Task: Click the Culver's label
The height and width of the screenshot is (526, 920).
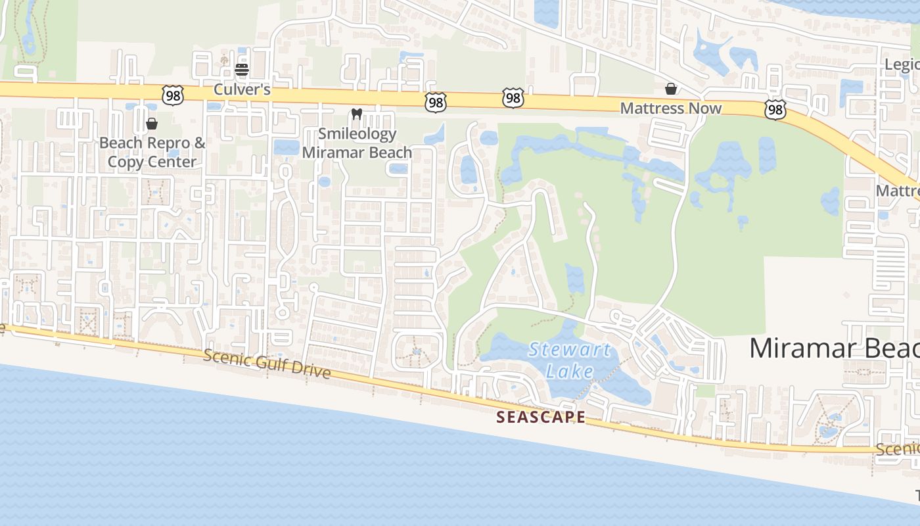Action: click(242, 89)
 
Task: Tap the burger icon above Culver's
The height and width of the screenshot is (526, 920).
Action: click(242, 69)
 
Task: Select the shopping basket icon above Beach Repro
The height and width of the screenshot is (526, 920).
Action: click(152, 123)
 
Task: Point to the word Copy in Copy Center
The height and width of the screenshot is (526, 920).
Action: click(124, 162)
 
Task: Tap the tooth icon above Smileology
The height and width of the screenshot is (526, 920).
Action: click(357, 114)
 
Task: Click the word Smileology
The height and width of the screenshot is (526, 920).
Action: click(357, 134)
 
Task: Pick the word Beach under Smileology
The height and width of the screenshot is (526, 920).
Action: click(384, 153)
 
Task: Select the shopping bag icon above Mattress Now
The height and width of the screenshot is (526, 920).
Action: click(671, 88)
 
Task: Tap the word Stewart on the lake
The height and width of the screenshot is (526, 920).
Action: click(570, 349)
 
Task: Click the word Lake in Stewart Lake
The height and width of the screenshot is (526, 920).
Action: click(569, 371)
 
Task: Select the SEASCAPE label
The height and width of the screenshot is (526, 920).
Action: click(540, 417)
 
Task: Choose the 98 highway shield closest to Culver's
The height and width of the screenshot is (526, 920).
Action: click(173, 96)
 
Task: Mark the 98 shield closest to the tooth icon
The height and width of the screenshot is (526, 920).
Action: click(435, 102)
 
